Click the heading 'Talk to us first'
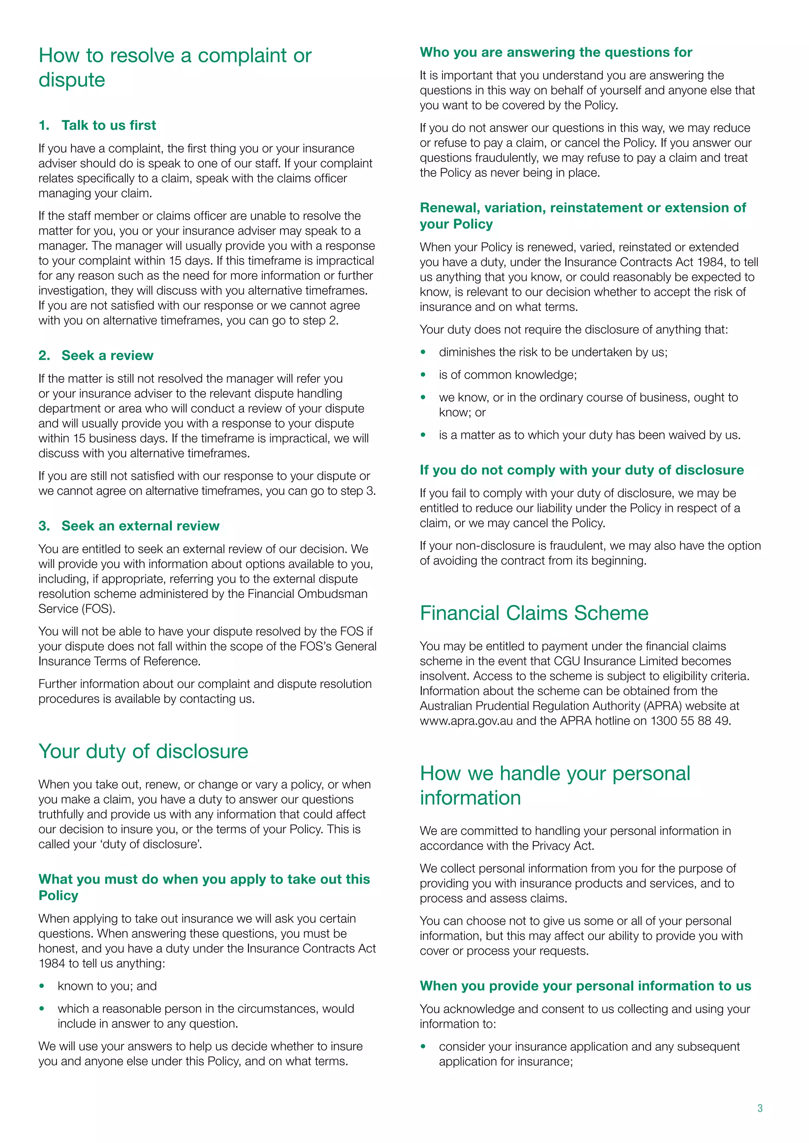[x=109, y=126]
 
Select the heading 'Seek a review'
[x=107, y=356]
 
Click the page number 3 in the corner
[x=760, y=1108]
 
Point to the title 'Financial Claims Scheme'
[x=534, y=613]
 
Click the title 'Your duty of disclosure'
[x=143, y=751]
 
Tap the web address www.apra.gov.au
[x=466, y=721]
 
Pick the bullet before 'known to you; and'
[x=42, y=986]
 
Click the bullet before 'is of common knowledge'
[x=423, y=375]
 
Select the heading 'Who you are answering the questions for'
[x=555, y=52]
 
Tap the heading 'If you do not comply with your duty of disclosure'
[x=581, y=470]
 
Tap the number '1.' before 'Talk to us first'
[x=44, y=126]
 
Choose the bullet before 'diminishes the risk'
[x=423, y=352]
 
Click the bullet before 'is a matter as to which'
[x=423, y=435]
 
